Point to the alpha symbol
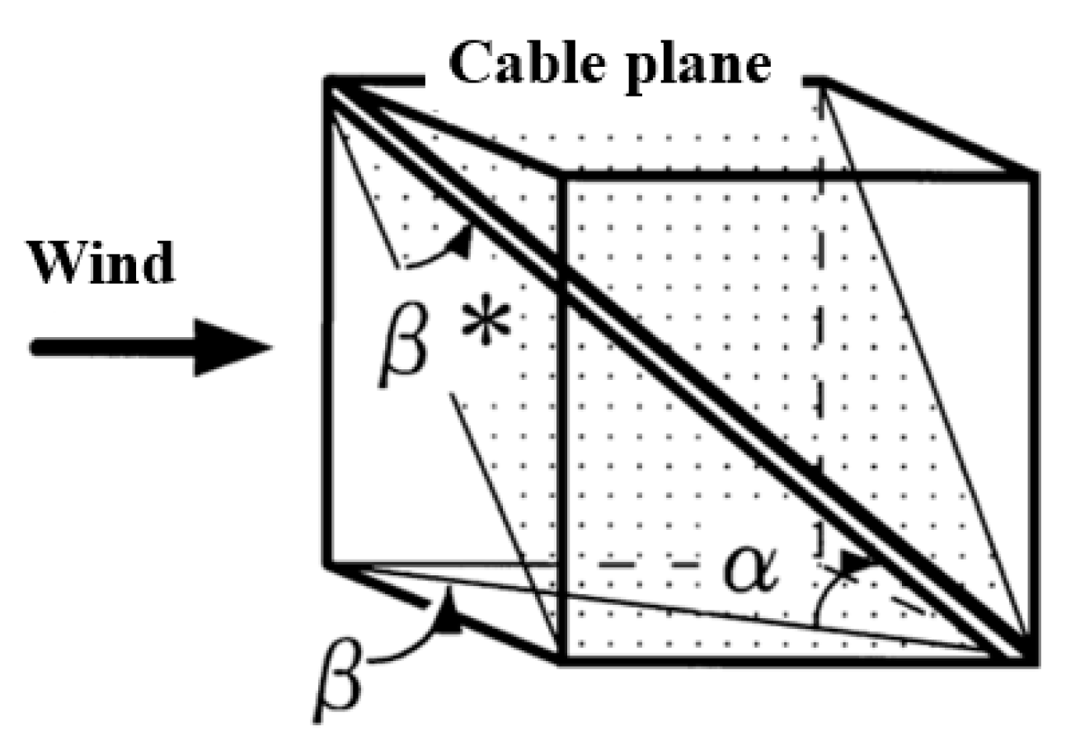[750, 571]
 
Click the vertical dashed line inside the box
[819, 330]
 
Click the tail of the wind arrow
[37, 347]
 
